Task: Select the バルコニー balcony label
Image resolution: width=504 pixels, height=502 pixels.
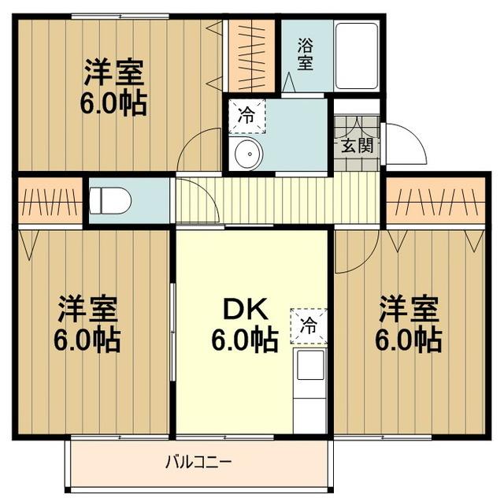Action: click(x=198, y=462)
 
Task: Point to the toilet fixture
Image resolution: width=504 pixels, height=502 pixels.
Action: click(x=110, y=201)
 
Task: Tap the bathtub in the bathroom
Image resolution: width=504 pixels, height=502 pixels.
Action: click(x=357, y=55)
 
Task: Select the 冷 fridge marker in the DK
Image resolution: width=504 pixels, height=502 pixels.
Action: click(x=308, y=325)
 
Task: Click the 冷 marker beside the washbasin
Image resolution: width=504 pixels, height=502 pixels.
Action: click(x=246, y=116)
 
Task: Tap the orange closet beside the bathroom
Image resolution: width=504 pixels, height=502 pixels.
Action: click(x=252, y=54)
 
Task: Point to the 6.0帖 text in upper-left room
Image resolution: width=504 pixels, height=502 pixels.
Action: click(x=114, y=105)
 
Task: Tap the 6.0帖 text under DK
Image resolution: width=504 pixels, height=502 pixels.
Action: click(x=244, y=340)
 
